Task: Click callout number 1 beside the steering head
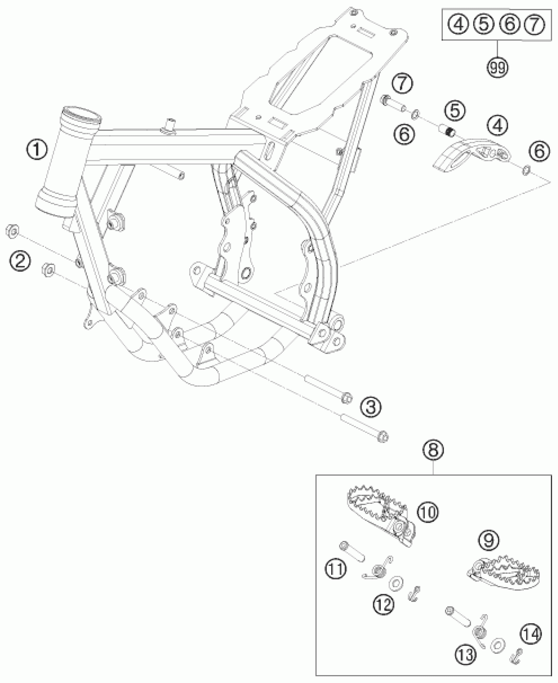pyautogui.click(x=37, y=151)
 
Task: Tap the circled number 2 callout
pyautogui.click(x=20, y=261)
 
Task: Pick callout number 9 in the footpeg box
pyautogui.click(x=488, y=540)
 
